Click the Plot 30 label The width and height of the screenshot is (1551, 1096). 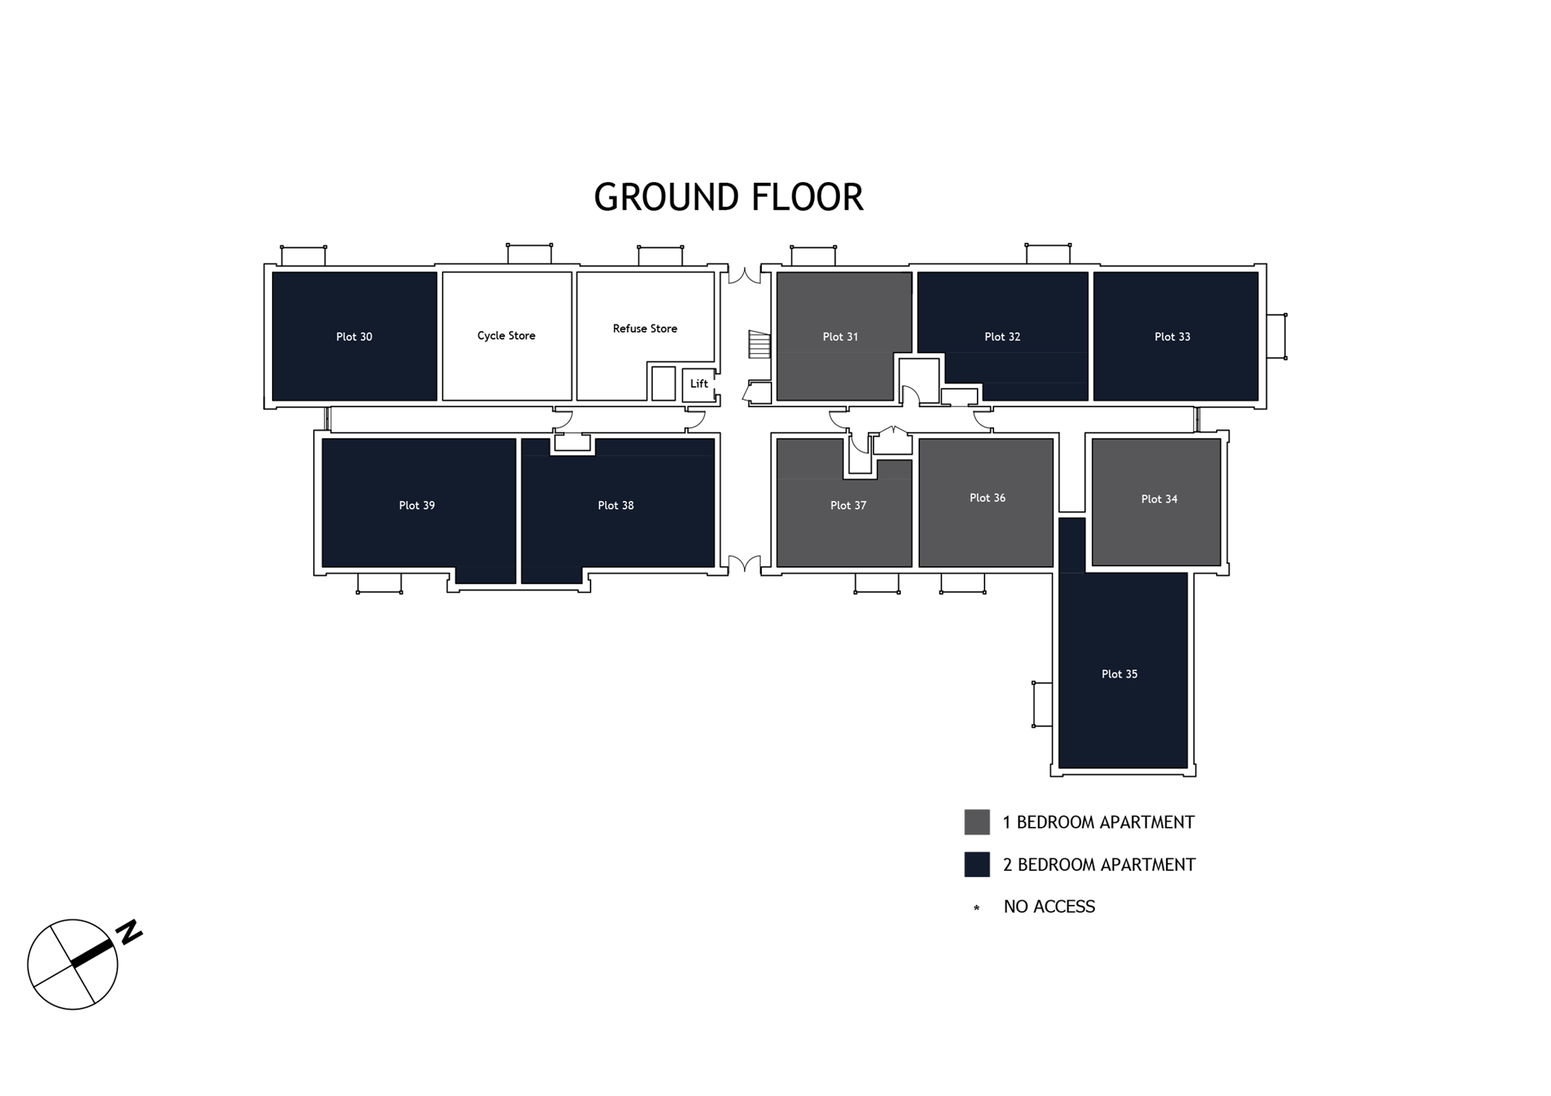tap(354, 336)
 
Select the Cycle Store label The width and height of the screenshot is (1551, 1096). tap(506, 335)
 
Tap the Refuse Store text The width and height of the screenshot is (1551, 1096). tap(645, 328)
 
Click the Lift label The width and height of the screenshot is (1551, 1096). tap(699, 384)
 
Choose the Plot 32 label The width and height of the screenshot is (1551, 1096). tap(1002, 336)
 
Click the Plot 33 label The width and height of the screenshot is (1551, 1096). tap(1172, 336)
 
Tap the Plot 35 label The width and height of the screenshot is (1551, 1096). tap(1119, 674)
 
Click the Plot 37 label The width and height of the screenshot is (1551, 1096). tap(848, 505)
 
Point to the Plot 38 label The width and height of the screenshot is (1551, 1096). tap(615, 505)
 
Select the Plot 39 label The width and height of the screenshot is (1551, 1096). tap(417, 505)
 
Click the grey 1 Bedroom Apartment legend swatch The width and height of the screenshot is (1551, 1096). tap(977, 822)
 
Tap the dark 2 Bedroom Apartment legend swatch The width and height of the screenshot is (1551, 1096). tap(977, 864)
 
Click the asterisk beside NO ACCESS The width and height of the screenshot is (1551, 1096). tap(976, 908)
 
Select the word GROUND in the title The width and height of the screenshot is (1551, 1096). tap(667, 197)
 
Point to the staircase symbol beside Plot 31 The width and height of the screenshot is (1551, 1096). tap(759, 344)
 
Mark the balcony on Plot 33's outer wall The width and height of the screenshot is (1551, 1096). tap(1276, 336)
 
